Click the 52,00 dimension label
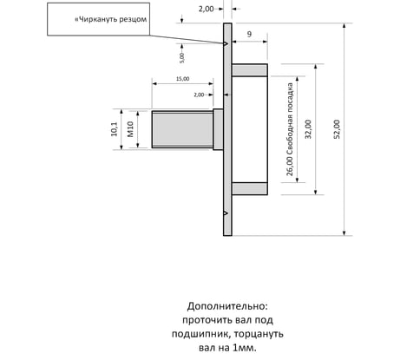[x=337, y=129]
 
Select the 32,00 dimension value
[x=308, y=129]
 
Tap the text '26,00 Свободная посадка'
[x=290, y=129]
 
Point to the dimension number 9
[x=249, y=34]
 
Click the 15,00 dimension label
[x=183, y=79]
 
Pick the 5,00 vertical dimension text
[x=181, y=58]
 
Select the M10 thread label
[x=130, y=129]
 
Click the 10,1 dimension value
[x=115, y=129]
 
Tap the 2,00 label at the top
[x=206, y=9]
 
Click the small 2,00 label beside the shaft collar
[x=199, y=95]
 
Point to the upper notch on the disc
[x=226, y=43]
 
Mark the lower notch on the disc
[x=226, y=213]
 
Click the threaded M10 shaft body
[x=182, y=129]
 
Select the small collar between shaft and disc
[x=218, y=129]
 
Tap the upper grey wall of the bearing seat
[x=250, y=70]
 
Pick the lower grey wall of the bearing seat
[x=250, y=188]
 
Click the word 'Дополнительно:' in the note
[x=227, y=306]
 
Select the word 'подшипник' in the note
[x=201, y=334]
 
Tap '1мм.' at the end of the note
[x=245, y=348]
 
